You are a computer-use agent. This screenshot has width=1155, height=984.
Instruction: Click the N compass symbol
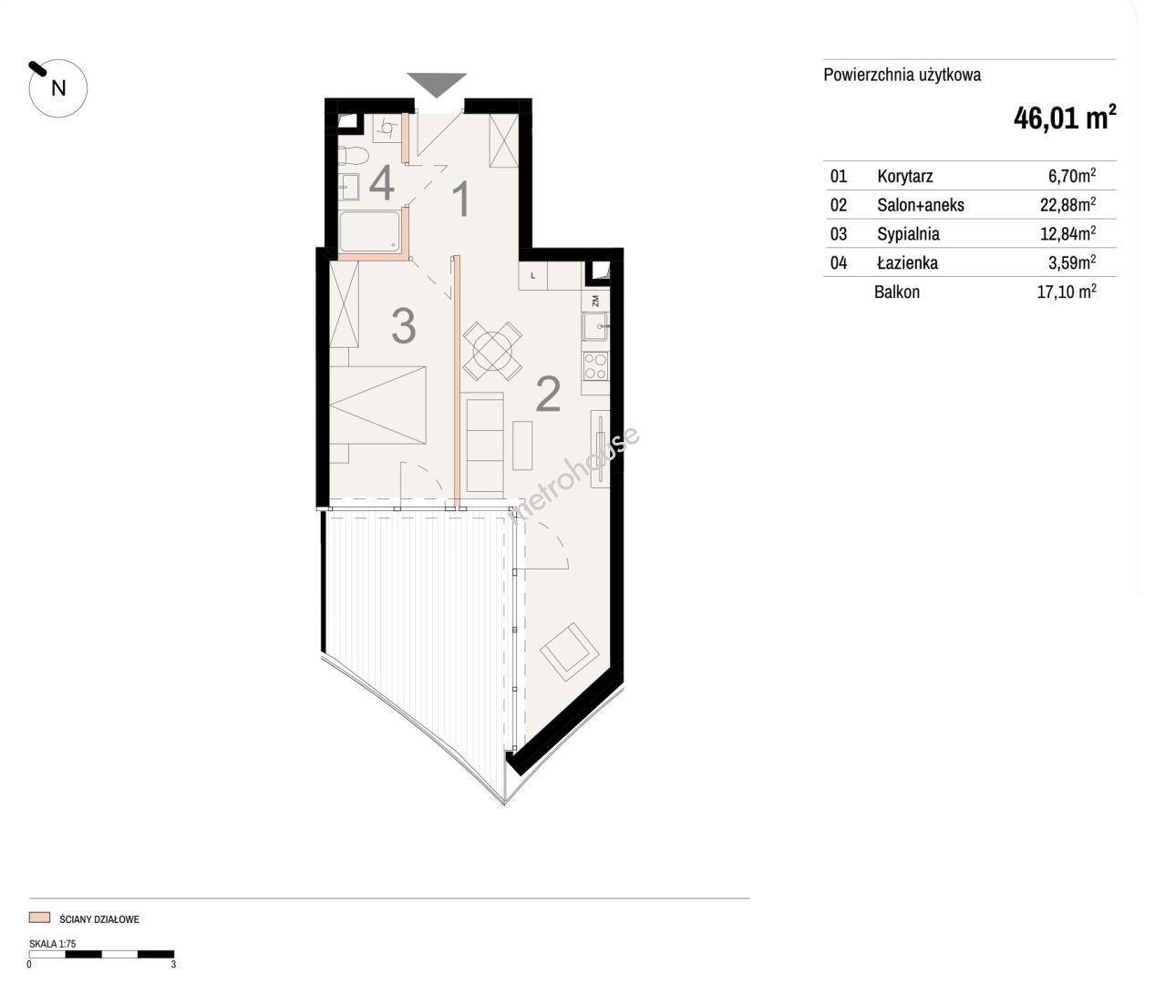point(58,87)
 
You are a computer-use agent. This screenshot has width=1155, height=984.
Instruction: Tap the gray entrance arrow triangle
point(437,84)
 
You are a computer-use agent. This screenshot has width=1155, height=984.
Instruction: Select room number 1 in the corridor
point(461,200)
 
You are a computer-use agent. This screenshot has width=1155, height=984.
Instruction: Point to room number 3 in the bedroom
point(404,326)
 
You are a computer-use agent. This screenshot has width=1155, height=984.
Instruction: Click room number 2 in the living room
point(548,395)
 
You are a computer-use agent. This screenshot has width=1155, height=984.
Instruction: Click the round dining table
point(492,352)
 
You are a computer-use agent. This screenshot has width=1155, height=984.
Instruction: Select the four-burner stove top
point(595,365)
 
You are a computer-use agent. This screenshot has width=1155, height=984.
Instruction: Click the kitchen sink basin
point(594,325)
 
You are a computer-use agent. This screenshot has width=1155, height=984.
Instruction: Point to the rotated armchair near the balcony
point(570,651)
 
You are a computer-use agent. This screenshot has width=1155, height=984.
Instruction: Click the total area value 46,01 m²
point(1065,118)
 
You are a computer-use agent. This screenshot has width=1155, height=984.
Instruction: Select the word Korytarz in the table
point(905,177)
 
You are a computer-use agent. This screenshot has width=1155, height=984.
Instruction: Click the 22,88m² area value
point(1067,204)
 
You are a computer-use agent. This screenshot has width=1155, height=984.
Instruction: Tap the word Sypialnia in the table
point(908,234)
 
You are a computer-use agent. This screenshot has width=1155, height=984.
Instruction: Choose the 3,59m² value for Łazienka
point(1072,261)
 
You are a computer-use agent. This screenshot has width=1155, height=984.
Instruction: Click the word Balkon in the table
point(897,292)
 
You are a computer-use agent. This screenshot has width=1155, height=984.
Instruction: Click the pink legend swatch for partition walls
point(40,917)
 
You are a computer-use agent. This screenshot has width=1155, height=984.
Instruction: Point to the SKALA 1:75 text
point(53,944)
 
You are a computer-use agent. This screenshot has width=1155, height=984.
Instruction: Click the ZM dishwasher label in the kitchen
point(595,301)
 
